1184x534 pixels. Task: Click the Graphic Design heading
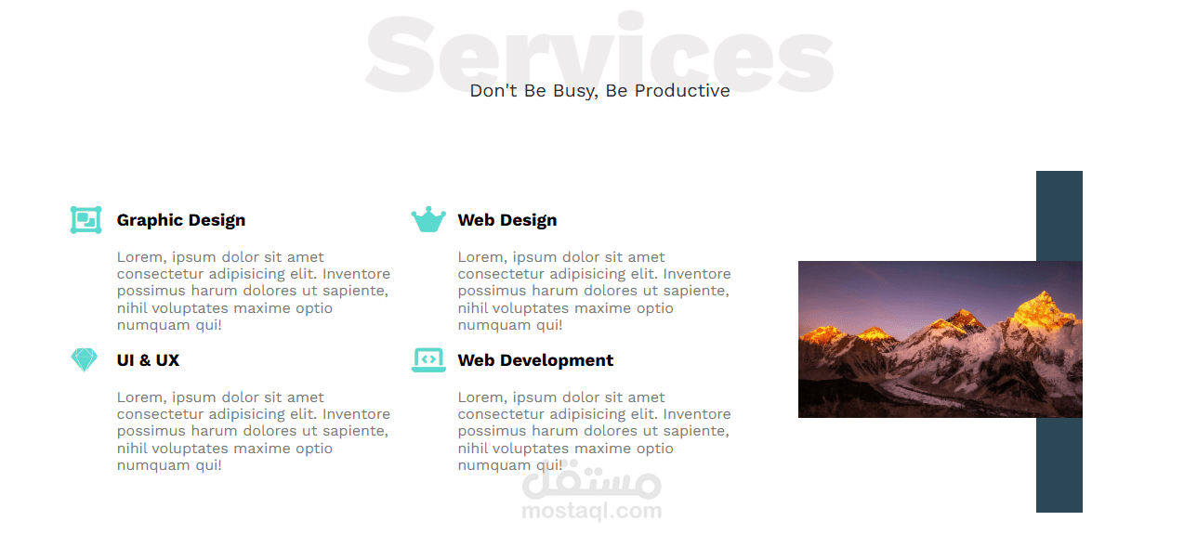point(181,220)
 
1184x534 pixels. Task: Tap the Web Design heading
point(506,220)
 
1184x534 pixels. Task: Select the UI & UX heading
point(148,360)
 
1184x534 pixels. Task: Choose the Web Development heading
point(535,360)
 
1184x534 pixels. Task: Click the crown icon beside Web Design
point(428,220)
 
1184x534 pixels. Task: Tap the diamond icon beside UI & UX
point(85,359)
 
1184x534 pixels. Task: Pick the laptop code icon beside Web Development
point(428,359)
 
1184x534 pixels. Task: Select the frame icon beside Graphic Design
point(86,220)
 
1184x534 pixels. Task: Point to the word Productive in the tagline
point(682,91)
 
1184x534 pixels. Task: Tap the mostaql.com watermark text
point(592,511)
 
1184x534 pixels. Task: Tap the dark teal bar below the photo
point(1059,464)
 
